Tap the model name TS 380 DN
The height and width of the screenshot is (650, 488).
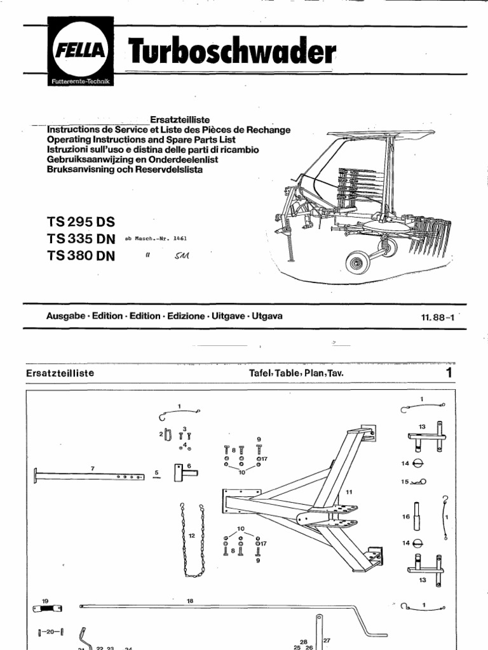pyautogui.click(x=81, y=256)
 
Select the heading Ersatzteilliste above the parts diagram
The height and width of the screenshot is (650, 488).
pyautogui.click(x=61, y=373)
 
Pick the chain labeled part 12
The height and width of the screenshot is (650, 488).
pyautogui.click(x=191, y=539)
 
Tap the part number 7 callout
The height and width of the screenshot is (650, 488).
pyautogui.click(x=93, y=468)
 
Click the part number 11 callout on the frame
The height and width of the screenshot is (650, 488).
pyautogui.click(x=349, y=492)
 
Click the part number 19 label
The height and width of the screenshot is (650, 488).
pyautogui.click(x=45, y=600)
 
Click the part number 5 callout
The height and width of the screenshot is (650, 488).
pyautogui.click(x=156, y=472)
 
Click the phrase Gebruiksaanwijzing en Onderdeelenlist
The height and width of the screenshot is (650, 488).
pyautogui.click(x=135, y=160)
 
